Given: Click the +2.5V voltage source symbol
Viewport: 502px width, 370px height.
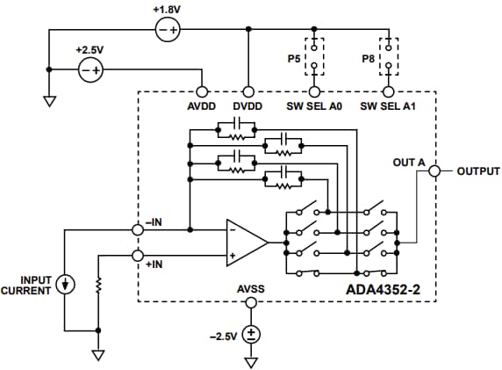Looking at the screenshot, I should [90, 70].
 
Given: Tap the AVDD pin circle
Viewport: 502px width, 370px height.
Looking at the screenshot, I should [203, 91].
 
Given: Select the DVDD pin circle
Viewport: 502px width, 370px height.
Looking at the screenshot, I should [249, 91].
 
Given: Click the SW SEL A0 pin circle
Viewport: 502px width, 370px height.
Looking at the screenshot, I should [314, 91].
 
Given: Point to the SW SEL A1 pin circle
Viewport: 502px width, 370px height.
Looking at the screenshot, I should [387, 91].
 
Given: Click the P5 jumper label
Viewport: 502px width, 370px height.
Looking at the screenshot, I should [293, 60].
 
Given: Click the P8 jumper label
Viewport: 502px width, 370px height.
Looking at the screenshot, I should [368, 60].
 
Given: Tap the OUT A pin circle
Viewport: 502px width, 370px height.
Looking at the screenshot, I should [434, 172].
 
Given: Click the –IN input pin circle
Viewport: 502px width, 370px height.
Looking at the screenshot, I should [137, 230].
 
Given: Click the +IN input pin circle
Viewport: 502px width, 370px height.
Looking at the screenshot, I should [137, 256].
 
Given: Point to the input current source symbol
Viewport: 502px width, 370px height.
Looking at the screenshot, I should [66, 284].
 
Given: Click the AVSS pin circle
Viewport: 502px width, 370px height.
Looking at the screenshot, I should [251, 302].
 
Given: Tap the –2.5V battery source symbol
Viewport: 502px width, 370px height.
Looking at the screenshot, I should [251, 335].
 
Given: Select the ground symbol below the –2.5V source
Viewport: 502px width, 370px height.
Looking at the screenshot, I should [251, 360].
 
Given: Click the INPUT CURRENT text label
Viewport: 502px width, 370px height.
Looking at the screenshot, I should [27, 284].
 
